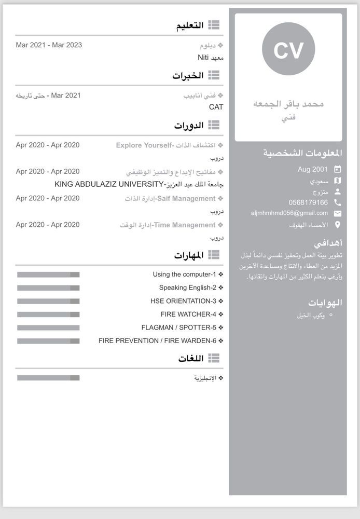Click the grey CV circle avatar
coord(288,49)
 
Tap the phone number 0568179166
coord(308,202)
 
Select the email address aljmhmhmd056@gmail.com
coord(289,213)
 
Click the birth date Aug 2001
coord(313,169)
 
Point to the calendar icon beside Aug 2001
coord(338,169)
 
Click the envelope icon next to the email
coord(338,213)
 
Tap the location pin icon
coord(338,225)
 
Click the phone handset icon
coord(338,202)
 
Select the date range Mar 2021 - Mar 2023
coord(49,45)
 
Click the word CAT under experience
coord(216,107)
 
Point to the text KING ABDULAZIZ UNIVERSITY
coord(108,184)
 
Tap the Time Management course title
coord(177,225)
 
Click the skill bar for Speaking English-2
coord(48,288)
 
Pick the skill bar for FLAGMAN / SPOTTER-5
coord(48,327)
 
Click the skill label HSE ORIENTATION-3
coord(183,301)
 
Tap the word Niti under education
coord(203,57)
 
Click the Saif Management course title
coord(179,198)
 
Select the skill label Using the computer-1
coord(184,274)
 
